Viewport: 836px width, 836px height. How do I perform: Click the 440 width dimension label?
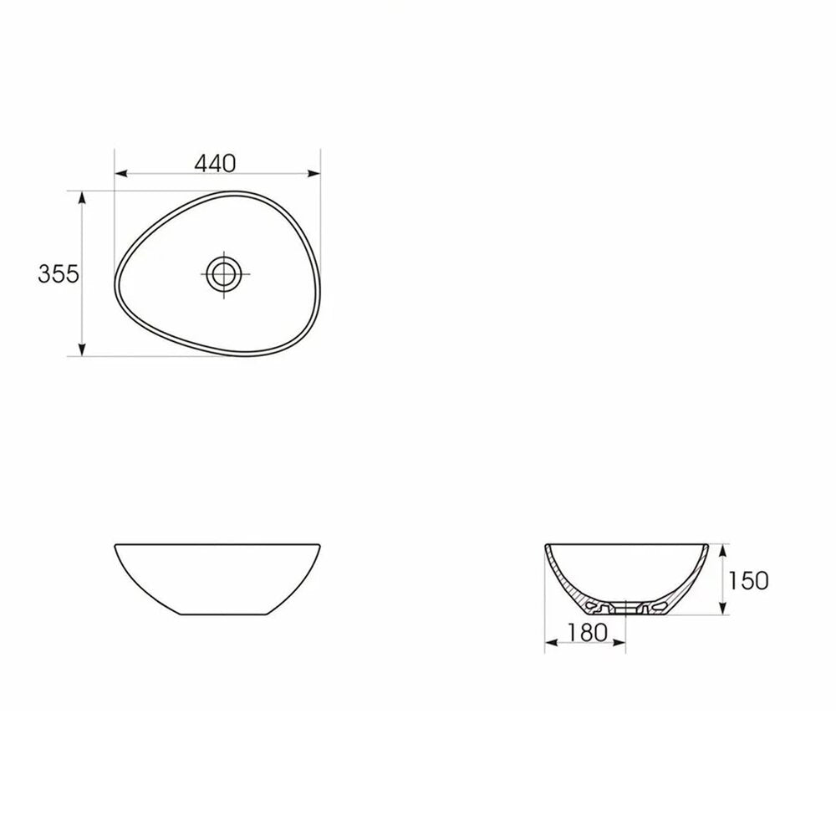pos(215,163)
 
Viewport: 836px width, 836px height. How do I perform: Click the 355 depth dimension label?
pos(59,274)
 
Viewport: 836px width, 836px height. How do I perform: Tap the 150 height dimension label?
pos(748,581)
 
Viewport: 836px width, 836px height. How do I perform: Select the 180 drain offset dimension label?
pos(587,633)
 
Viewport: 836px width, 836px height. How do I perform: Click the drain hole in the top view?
pos(224,274)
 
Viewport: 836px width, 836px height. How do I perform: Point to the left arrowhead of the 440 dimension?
pos(121,173)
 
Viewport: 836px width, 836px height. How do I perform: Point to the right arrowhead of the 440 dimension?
pos(314,173)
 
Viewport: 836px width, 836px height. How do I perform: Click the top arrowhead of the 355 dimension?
pos(82,197)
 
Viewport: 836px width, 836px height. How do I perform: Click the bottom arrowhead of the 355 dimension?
pos(82,349)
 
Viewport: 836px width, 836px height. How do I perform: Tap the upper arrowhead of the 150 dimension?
pos(722,550)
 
